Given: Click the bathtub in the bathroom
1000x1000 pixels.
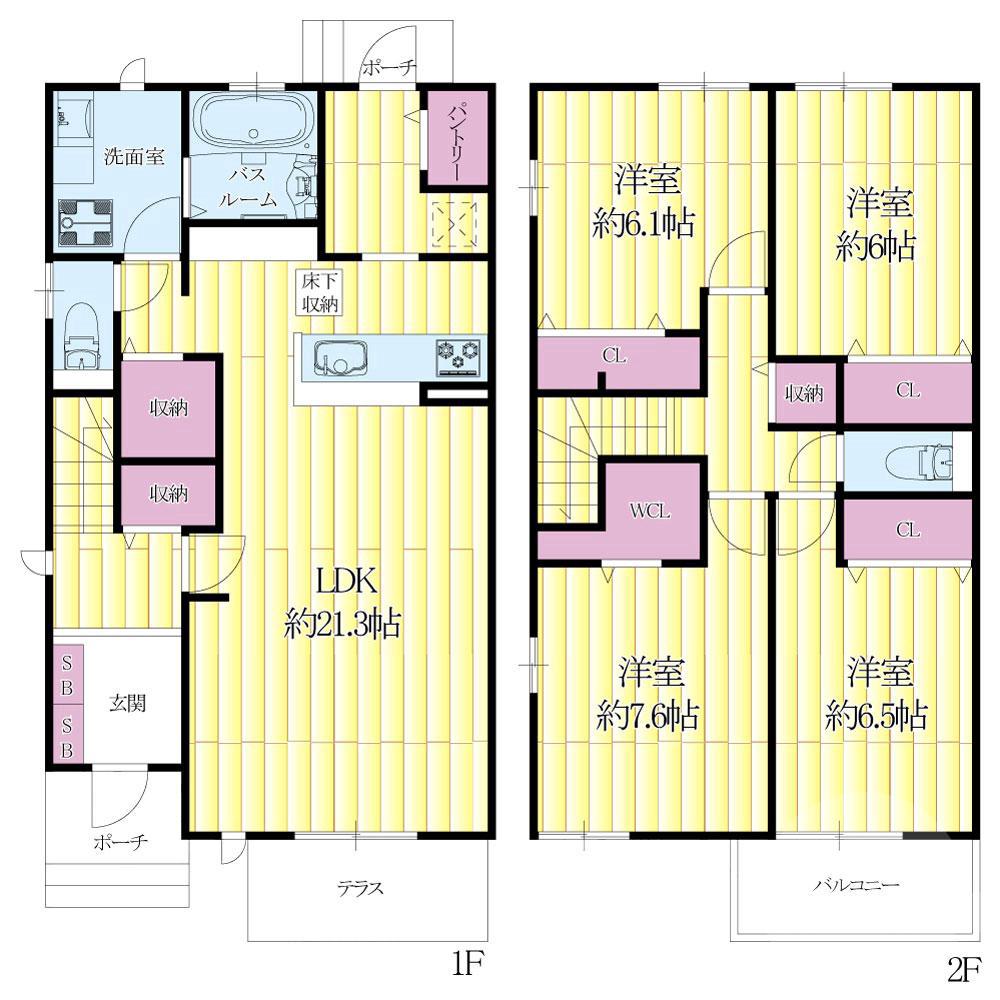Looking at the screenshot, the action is (x=255, y=121).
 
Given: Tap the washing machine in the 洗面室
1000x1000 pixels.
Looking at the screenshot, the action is (x=85, y=223).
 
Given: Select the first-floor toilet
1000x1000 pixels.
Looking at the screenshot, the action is (x=82, y=335).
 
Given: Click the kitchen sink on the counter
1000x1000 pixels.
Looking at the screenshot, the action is (x=341, y=358).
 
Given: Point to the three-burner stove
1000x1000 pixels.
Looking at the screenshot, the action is (x=458, y=354).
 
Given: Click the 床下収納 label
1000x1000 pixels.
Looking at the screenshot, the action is (x=320, y=292).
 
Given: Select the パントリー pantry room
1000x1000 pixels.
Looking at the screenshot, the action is (x=457, y=138).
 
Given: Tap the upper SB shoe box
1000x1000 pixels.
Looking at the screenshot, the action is (x=67, y=675).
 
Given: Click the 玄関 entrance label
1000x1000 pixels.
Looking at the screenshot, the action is (x=128, y=703).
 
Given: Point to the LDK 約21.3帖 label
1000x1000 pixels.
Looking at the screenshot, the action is (x=342, y=602).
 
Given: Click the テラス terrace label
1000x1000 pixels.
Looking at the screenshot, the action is (x=360, y=888).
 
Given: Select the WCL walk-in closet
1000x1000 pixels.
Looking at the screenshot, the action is (x=651, y=511).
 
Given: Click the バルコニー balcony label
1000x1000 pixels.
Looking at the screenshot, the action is (x=856, y=885).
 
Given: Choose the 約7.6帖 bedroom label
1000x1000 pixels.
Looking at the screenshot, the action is (x=649, y=696).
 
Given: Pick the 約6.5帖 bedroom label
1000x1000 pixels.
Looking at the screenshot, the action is (x=877, y=695).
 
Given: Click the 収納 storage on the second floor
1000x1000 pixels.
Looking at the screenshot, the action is (x=804, y=393).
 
